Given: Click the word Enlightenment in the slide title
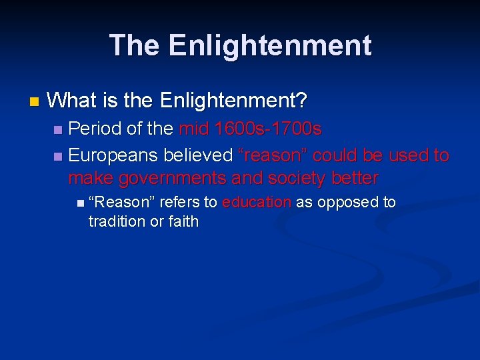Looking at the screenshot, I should pyautogui.click(x=270, y=45).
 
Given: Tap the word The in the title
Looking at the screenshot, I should pyautogui.click(x=135, y=45).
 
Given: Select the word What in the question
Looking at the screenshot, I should pyautogui.click(x=73, y=101).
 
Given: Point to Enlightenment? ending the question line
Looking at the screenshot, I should pyautogui.click(x=233, y=101).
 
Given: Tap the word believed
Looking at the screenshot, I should pyautogui.click(x=198, y=156).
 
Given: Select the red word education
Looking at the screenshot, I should pyautogui.click(x=257, y=202).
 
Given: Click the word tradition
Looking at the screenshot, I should pyautogui.click(x=117, y=221).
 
